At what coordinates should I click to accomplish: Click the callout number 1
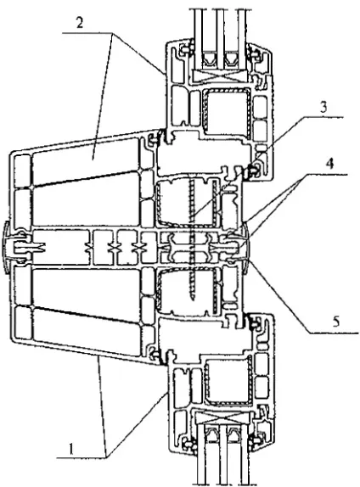(72, 449)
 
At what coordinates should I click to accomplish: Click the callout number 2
(80, 23)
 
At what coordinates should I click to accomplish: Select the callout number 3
(323, 107)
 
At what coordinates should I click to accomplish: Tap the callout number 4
(329, 164)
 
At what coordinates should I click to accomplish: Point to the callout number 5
(336, 322)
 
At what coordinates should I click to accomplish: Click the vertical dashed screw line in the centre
(192, 239)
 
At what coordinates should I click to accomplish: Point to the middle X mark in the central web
(115, 248)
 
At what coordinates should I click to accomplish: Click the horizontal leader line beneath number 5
(334, 333)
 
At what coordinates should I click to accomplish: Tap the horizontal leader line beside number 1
(81, 457)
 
